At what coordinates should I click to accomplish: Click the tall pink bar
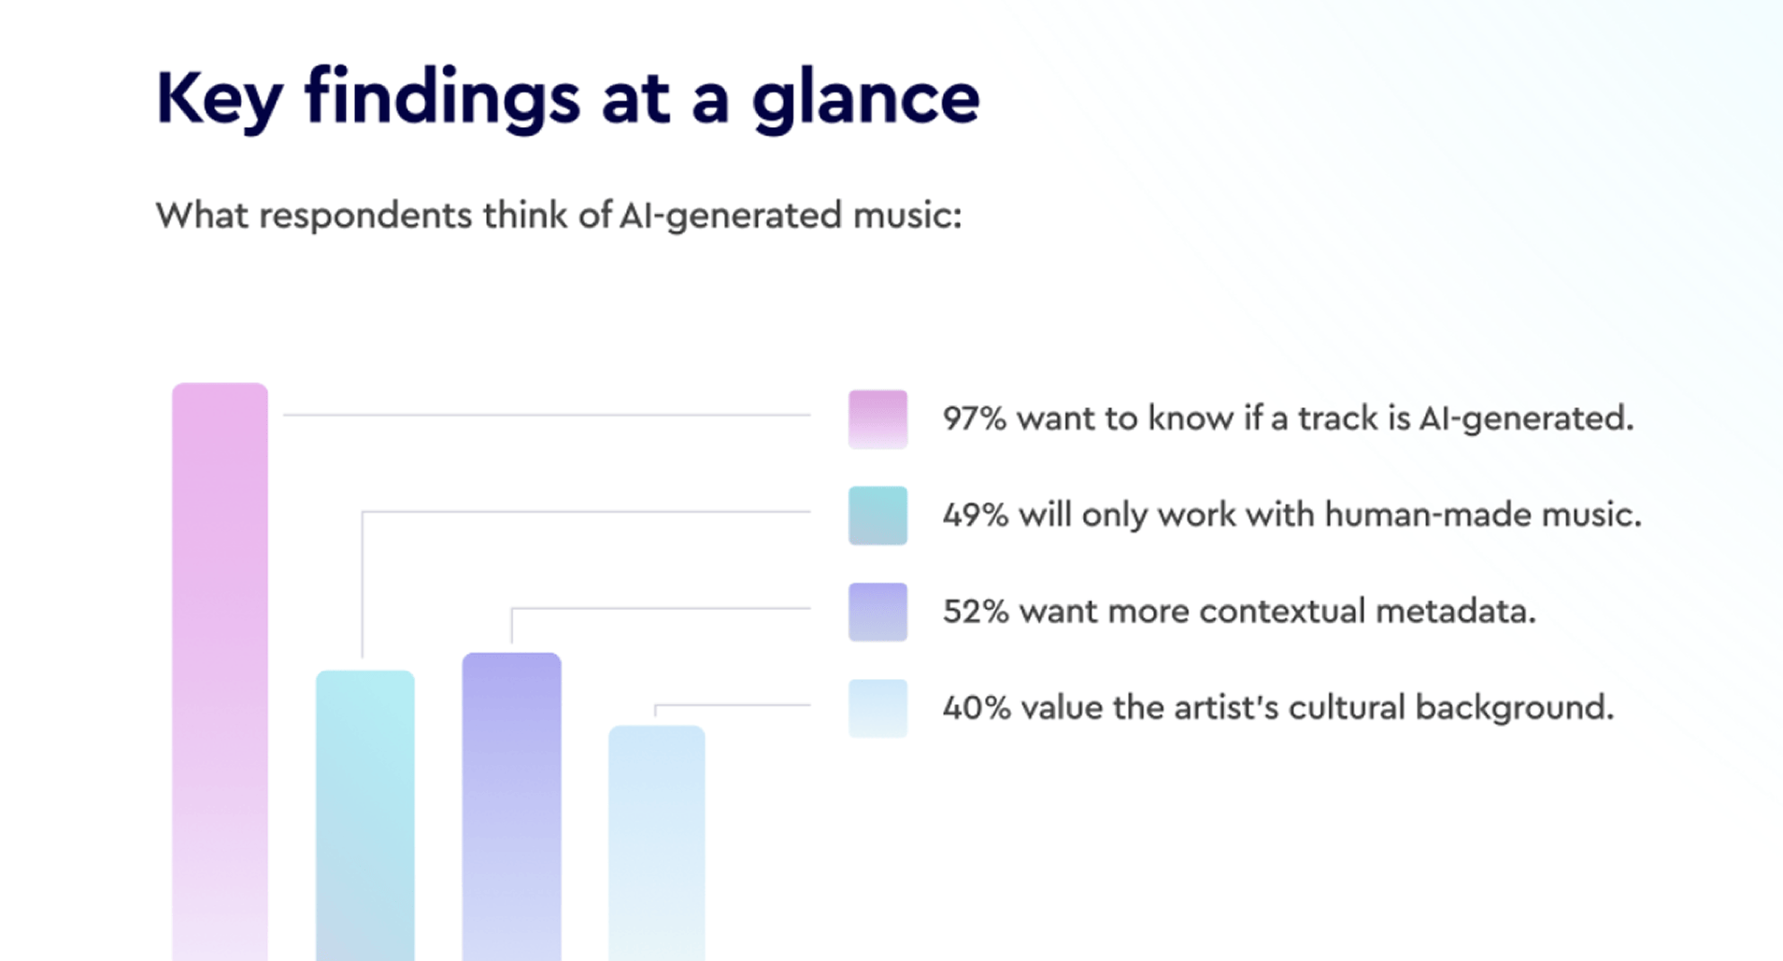(x=220, y=671)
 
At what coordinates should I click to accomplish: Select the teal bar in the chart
(x=365, y=815)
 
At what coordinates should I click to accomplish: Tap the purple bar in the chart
(x=511, y=807)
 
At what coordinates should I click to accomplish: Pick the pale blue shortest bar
(x=657, y=843)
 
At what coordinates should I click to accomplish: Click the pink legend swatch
(x=877, y=419)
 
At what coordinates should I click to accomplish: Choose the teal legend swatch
(x=877, y=516)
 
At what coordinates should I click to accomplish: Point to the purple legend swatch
(x=877, y=612)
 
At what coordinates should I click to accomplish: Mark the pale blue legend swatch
(x=877, y=708)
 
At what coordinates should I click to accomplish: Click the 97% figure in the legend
(x=975, y=418)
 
